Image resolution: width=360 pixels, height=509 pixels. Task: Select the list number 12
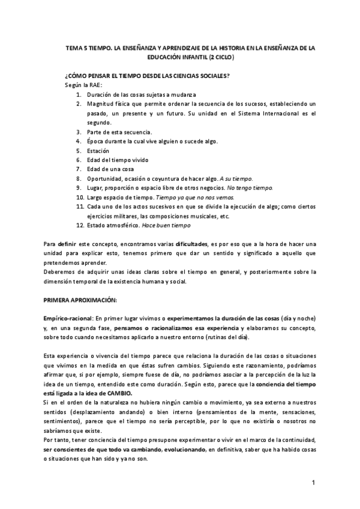coord(80,225)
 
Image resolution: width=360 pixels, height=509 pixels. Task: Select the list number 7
coord(79,170)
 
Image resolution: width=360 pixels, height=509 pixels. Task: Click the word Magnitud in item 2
coord(103,104)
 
